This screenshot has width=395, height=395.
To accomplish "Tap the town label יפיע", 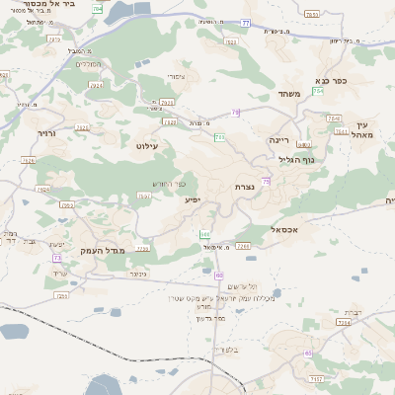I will tap(193, 200).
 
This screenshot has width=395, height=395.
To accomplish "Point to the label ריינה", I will tap(281, 140).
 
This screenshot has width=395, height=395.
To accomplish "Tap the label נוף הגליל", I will tap(296, 158).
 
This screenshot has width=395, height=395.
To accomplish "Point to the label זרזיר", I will tap(45, 130).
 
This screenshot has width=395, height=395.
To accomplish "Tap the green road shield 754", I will tap(318, 91).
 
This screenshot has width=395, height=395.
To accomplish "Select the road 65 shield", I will tap(308, 353).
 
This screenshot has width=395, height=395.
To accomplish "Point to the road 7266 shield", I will tap(243, 245).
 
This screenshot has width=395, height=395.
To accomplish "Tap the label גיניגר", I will tap(138, 274).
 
